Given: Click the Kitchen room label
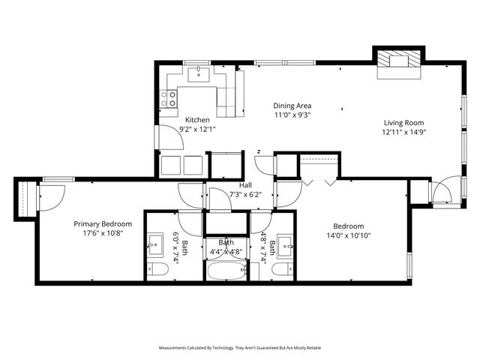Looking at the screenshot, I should [x=197, y=120].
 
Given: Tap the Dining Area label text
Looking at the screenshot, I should [x=292, y=106].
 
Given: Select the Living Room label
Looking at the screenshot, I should [x=404, y=123].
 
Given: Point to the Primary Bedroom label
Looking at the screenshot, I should [x=103, y=223].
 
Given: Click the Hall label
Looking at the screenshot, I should [x=245, y=185].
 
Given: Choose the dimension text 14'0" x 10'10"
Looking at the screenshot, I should [x=349, y=235].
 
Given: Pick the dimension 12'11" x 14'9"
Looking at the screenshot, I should [x=404, y=133].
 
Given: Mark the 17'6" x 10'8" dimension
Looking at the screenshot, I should [x=103, y=233].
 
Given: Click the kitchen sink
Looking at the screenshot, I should [x=200, y=73].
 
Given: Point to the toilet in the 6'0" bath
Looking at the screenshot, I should [x=158, y=269].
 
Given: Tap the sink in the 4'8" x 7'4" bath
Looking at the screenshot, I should [x=283, y=244].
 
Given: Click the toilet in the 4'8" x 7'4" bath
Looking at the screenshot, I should [x=282, y=269].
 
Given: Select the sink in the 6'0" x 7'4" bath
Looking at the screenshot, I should [x=158, y=244].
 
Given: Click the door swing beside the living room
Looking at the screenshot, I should [x=442, y=193].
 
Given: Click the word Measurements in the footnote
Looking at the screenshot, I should [x=177, y=348].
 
